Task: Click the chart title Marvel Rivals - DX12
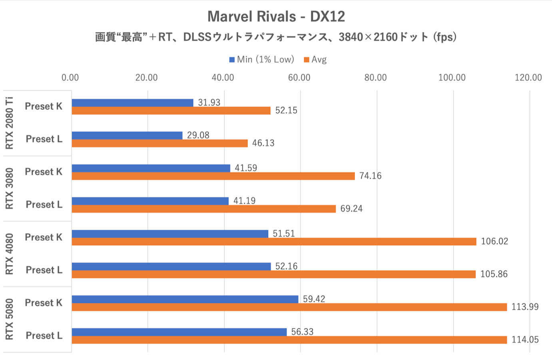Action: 276,17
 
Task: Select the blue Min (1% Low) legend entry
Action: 261,60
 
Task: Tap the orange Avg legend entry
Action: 315,60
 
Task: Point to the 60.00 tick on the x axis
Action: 299,78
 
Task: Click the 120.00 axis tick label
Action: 528,78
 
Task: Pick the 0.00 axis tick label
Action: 70,78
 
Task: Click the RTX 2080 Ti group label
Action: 9,123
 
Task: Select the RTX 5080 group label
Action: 9,319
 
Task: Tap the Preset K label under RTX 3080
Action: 44,172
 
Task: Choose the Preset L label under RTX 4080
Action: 44,270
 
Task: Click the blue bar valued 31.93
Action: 132,103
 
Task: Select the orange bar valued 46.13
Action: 159,143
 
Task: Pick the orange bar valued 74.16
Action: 213,176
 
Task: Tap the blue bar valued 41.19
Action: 150,201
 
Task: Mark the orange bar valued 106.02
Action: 274,241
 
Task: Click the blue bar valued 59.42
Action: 185,299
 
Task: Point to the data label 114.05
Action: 525,340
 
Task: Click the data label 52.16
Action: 286,266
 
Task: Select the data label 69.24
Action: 351,209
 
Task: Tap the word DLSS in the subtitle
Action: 197,37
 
